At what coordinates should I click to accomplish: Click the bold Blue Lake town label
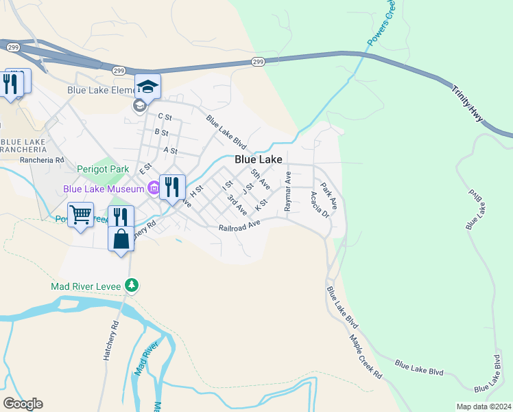coord(259,159)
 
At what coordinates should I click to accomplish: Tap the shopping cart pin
coord(80,215)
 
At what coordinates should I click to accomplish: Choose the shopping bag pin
coord(121,239)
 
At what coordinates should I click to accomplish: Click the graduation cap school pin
coord(147,87)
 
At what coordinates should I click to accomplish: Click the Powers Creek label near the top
coord(382,24)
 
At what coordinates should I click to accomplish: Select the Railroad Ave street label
coord(239,227)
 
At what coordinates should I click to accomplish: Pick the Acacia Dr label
coord(320,204)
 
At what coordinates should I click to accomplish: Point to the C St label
coord(164,117)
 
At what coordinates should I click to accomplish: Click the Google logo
coord(22,403)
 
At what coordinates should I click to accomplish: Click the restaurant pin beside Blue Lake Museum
coord(172,186)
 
